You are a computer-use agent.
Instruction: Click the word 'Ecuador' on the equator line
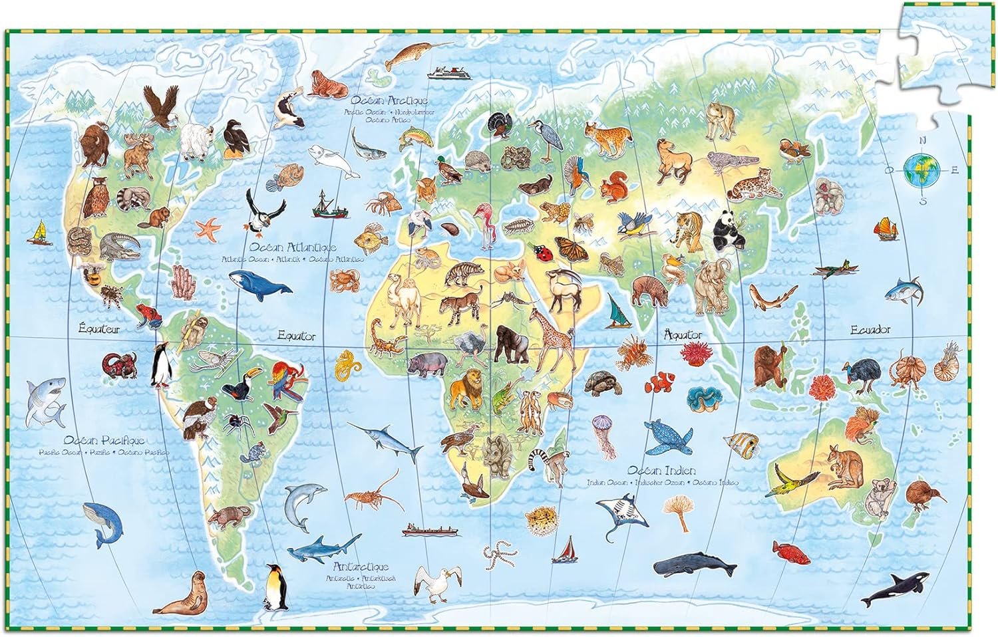(x=870, y=330)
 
